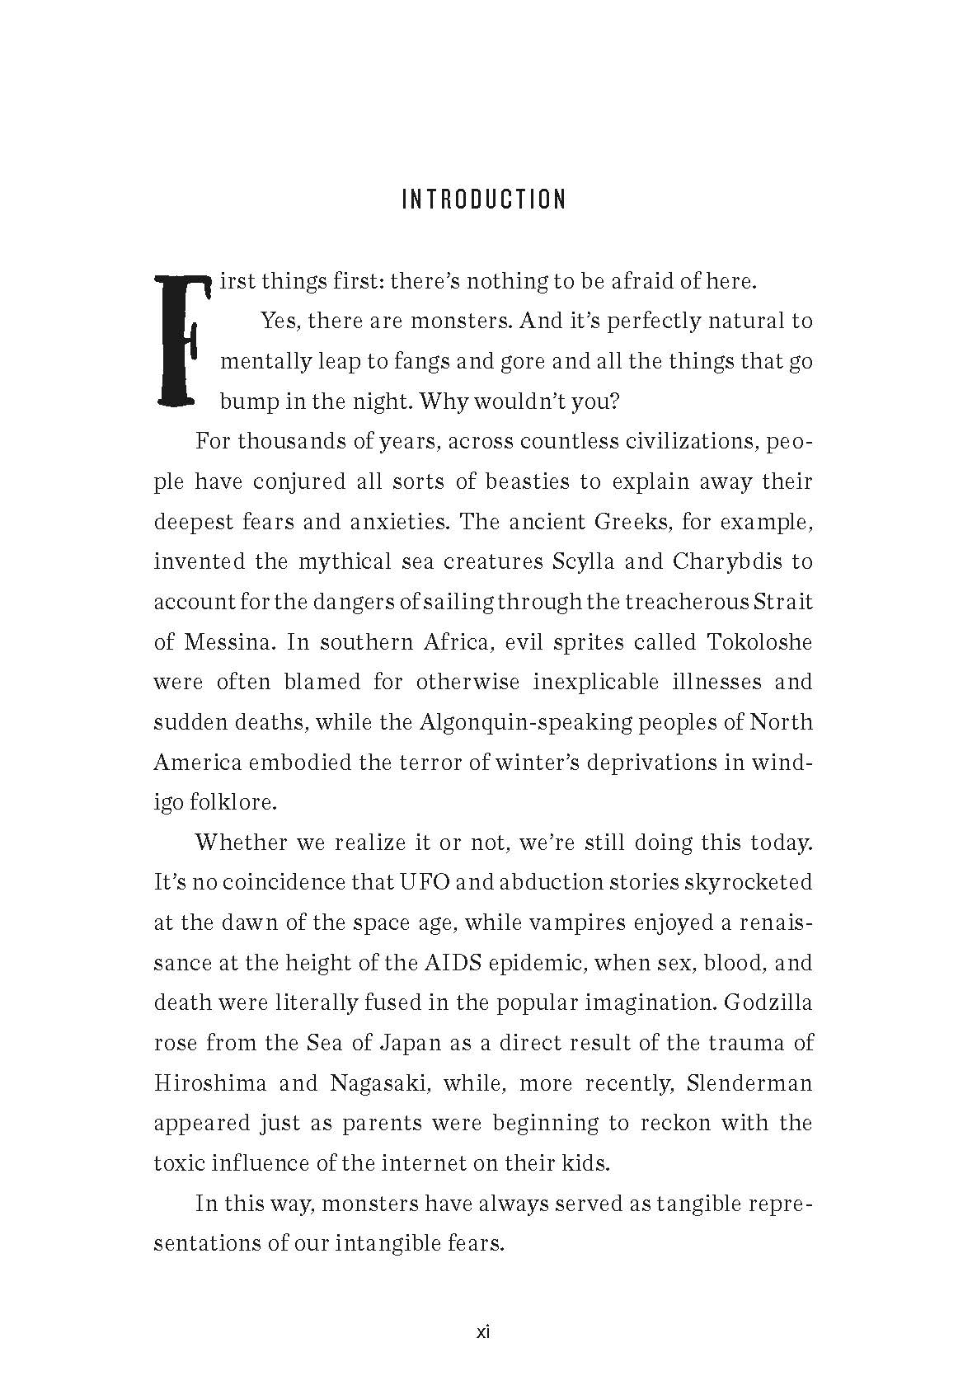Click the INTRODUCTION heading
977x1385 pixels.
coord(484,200)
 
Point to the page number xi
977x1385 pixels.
coord(484,1332)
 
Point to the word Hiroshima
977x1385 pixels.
coord(210,1082)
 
